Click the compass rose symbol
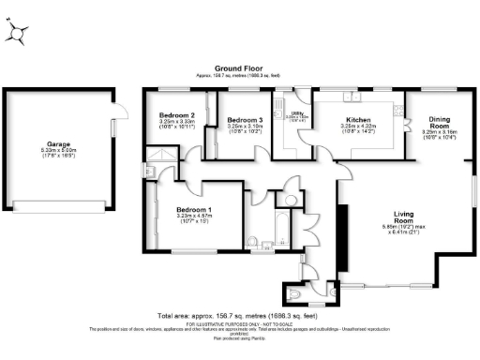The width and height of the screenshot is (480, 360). [x=19, y=33]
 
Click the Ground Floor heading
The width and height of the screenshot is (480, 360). [x=240, y=68]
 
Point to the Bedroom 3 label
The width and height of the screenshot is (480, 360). [x=245, y=120]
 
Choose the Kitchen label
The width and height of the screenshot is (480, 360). [x=359, y=120]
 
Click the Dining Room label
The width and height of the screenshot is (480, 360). [x=440, y=122]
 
